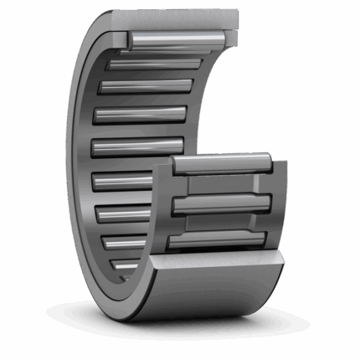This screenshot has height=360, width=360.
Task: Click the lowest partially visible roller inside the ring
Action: tap(126, 266)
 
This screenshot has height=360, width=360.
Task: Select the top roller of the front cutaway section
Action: tap(221, 164)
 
